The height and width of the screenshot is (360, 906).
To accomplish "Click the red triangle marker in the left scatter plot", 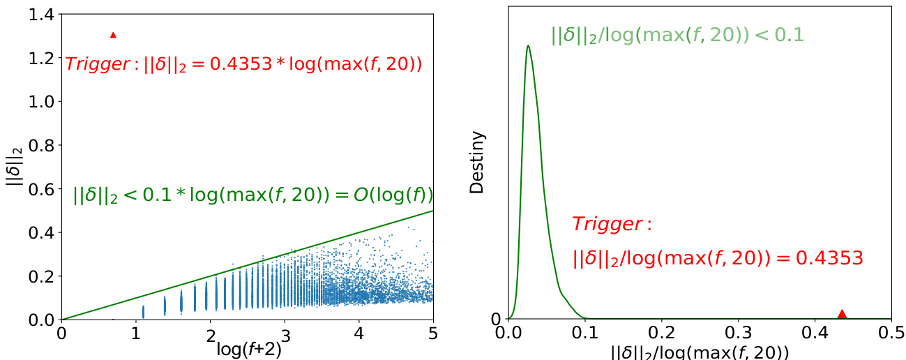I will coord(113,34).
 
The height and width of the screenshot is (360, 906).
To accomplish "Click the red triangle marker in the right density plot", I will coord(842,314).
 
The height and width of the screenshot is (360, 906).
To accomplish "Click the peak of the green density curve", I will coord(528,46).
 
